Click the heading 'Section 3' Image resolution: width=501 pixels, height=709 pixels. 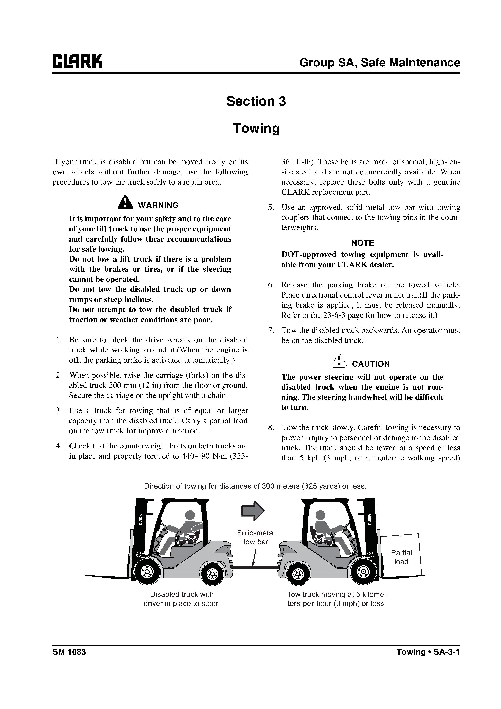(256, 101)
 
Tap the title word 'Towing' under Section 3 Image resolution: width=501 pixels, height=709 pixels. (256, 128)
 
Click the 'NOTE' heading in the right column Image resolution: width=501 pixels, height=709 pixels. (362, 243)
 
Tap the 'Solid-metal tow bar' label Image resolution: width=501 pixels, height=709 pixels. (256, 537)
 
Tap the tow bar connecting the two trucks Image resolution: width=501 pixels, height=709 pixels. (255, 567)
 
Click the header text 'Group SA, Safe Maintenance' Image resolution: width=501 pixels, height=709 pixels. (380, 63)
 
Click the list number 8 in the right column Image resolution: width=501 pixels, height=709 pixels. (271, 428)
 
